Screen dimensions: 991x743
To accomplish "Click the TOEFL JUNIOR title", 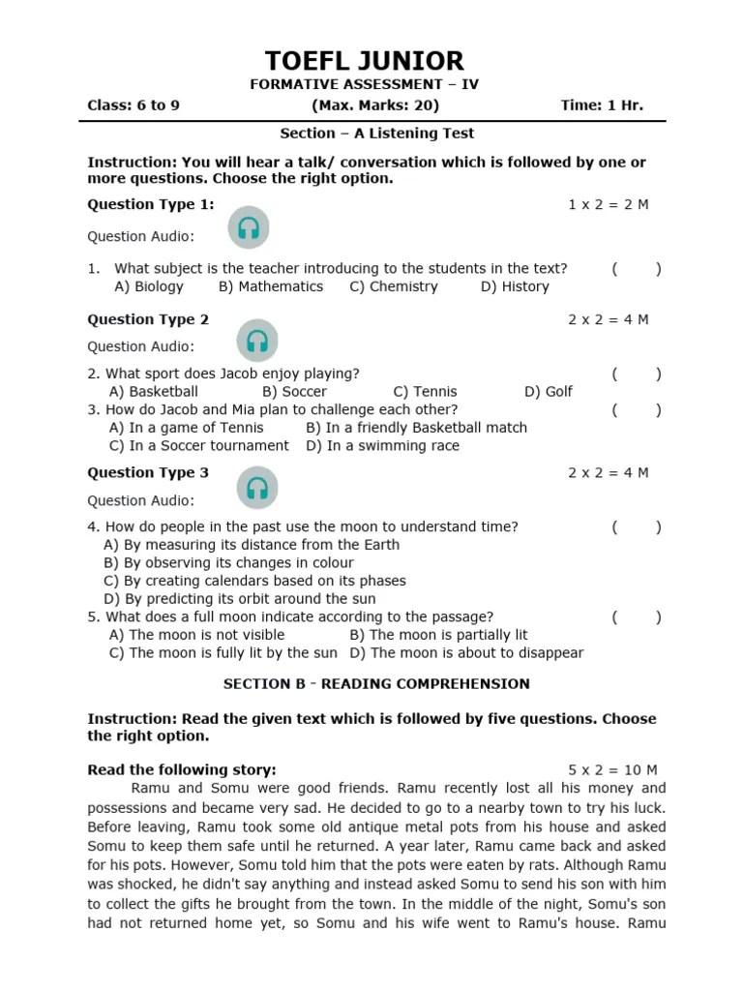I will pyautogui.click(x=364, y=61).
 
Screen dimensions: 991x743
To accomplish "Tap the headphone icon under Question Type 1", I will pyautogui.click(x=249, y=227).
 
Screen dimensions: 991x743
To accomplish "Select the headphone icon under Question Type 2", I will pyautogui.click(x=256, y=341).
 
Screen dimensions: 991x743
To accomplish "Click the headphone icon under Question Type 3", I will pyautogui.click(x=256, y=488).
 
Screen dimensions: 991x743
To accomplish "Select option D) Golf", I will pyautogui.click(x=548, y=391).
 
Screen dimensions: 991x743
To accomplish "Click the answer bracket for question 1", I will pyautogui.click(x=636, y=269).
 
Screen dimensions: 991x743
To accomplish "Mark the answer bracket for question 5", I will pyautogui.click(x=636, y=616).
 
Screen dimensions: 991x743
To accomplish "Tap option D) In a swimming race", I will pyautogui.click(x=382, y=445).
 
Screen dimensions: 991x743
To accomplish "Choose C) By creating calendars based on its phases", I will pyautogui.click(x=254, y=581).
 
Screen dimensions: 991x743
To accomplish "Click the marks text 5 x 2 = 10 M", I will pyautogui.click(x=612, y=769).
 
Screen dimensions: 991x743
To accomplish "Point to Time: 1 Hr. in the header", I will pyautogui.click(x=601, y=105).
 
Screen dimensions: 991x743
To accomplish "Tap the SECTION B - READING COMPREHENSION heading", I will pyautogui.click(x=376, y=683).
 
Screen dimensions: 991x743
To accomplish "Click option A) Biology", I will pyautogui.click(x=148, y=286).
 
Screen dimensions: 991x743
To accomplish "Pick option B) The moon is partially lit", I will pyautogui.click(x=438, y=635).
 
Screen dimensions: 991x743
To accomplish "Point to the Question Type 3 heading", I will pyautogui.click(x=148, y=472).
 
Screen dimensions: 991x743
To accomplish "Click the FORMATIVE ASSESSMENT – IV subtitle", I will pyautogui.click(x=364, y=84).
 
